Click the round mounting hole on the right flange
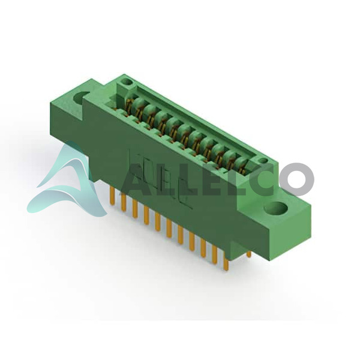(276, 209)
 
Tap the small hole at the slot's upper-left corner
(126, 82)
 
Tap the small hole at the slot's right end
(262, 160)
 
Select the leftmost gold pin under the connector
(113, 196)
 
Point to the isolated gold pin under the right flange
(249, 254)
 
